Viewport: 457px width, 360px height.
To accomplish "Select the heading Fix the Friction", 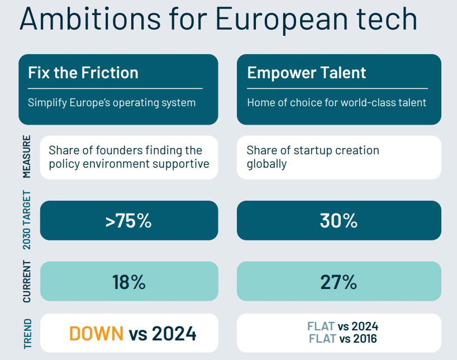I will coord(83,73).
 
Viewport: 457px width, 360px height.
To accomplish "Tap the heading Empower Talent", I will coord(306,73).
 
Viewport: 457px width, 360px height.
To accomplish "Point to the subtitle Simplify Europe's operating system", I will coord(112,103).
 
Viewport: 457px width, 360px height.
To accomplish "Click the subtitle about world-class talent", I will coord(336,103).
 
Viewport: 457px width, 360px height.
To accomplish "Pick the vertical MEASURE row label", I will coord(27,157).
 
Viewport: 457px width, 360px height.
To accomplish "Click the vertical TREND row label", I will coord(27,333).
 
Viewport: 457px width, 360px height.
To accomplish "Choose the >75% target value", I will coord(128,221).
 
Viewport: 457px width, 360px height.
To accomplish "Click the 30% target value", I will coord(339,221).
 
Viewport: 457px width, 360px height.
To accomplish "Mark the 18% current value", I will coord(128,282).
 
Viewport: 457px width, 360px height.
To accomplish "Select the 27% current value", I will coord(339,282).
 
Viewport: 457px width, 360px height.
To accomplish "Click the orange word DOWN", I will coord(96,334).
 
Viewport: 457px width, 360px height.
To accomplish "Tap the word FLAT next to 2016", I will coord(321,339).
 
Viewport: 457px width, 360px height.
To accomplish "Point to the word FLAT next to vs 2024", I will coord(321,326).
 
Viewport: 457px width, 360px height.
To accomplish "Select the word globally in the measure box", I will coord(266,164).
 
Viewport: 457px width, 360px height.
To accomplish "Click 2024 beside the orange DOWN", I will coord(174,334).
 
